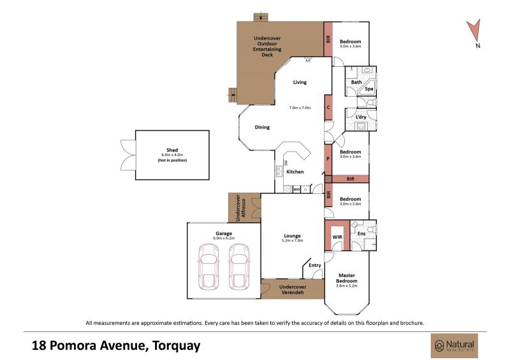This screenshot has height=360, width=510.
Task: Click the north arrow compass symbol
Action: point(474,31)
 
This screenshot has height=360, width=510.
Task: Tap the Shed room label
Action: point(172,150)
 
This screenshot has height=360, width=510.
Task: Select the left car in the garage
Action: point(208,267)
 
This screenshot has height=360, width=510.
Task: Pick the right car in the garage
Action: point(238,267)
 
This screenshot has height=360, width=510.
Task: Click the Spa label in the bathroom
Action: point(369,89)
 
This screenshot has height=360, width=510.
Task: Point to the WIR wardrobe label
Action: point(337,237)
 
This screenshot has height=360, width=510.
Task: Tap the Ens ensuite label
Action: point(361,233)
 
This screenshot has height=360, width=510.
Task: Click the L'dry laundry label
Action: point(361,117)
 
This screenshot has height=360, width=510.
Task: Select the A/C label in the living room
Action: point(308,61)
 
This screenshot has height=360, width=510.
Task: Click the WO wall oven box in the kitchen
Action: point(296,189)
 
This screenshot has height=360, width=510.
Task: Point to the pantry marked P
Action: point(328,159)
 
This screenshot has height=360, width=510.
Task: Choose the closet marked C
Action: point(328,107)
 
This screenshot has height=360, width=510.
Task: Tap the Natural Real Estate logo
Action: point(455,346)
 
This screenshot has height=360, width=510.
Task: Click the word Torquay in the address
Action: point(177,345)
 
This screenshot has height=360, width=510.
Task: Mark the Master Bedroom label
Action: point(347,278)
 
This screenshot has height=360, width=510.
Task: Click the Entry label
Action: point(314,265)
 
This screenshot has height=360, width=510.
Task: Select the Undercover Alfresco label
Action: point(241,208)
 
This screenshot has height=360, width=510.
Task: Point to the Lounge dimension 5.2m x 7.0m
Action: point(292,241)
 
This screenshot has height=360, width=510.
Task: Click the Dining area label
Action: point(262,127)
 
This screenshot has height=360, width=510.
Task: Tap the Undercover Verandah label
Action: point(293,289)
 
